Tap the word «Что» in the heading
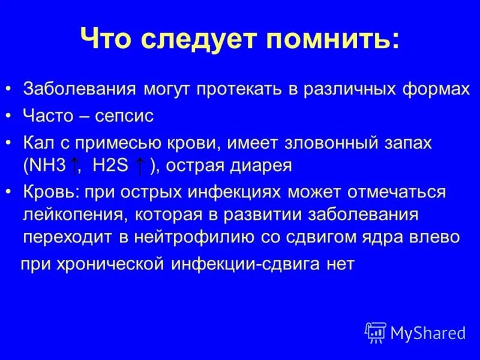pyautogui.click(x=107, y=41)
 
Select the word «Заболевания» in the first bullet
pyautogui.click(x=80, y=90)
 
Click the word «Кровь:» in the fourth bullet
pyautogui.click(x=52, y=193)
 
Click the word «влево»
pyautogui.click(x=436, y=237)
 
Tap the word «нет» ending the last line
pyautogui.click(x=340, y=265)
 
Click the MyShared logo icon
pyautogui.click(x=376, y=332)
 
